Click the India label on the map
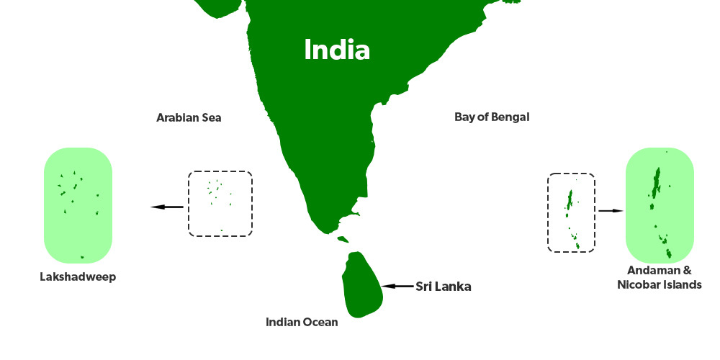point(337,50)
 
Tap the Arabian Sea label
point(189,117)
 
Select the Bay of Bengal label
point(492,117)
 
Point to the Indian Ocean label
point(302,322)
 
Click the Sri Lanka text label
point(444,286)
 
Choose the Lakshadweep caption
point(78,276)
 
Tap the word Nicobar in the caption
point(644,285)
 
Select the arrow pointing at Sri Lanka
point(397,286)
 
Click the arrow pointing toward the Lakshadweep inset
point(167,207)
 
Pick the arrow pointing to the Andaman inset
point(610,211)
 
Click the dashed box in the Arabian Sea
point(220,204)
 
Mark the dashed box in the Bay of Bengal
point(571,212)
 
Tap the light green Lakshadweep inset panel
point(78,205)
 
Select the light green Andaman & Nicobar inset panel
point(660,205)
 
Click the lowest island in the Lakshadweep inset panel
point(82,257)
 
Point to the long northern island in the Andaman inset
point(656,181)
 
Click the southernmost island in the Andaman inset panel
point(669,253)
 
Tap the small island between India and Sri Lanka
point(343,239)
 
